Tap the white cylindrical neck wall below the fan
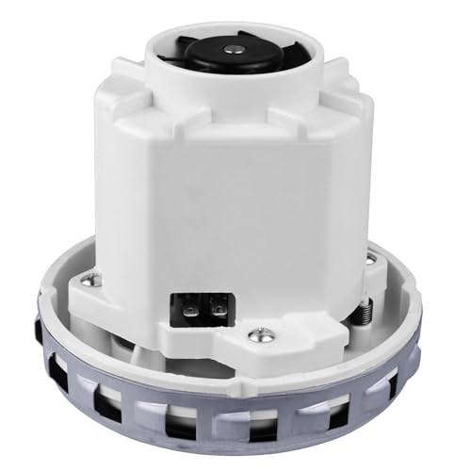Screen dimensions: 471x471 pos(235,89)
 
